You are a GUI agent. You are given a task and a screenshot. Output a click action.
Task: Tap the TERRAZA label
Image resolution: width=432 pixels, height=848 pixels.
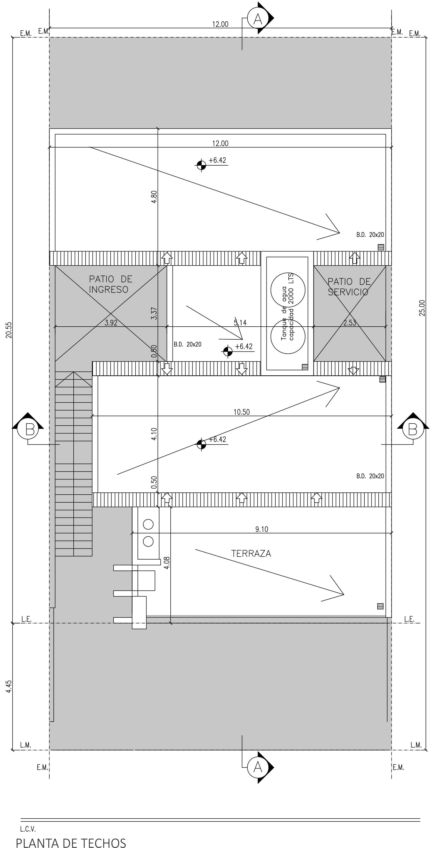251,553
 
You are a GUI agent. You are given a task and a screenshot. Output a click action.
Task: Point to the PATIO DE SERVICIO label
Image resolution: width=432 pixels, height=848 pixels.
349,286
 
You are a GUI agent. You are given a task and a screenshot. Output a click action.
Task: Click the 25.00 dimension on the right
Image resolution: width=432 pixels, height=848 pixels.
422,308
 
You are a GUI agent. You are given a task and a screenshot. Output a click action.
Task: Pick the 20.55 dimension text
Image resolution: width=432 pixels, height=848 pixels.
9,330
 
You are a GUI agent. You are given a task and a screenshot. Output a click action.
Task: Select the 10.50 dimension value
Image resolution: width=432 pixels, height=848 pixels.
242,412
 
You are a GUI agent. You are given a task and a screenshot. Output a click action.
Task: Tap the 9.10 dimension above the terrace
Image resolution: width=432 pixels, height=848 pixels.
262,529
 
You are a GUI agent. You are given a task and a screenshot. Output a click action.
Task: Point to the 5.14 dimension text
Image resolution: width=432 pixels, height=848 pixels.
240,322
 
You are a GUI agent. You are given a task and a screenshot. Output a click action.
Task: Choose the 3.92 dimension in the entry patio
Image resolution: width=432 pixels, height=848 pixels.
111,322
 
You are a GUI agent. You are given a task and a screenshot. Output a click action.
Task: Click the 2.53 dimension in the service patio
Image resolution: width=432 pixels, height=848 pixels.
349,322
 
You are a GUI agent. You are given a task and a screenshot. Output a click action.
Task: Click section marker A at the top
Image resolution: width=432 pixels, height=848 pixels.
258,19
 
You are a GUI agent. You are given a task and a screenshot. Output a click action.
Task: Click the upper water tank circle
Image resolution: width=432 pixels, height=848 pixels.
288,290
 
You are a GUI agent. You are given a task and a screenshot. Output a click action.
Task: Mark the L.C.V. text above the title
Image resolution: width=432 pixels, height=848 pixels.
28,829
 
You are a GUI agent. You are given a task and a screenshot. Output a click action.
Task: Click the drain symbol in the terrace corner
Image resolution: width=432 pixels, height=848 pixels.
380,606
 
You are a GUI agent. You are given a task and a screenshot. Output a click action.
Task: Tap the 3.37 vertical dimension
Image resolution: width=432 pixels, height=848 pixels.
154,313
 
